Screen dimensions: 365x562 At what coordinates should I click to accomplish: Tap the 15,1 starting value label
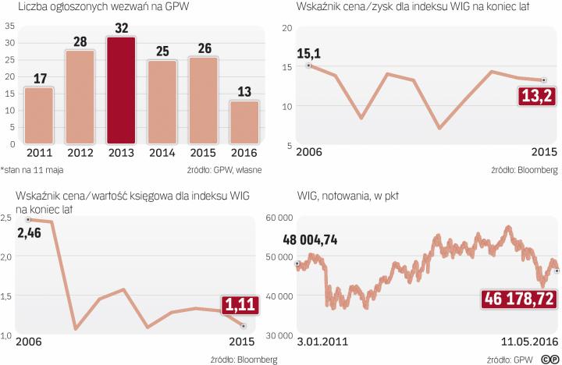[x=308, y=54]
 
